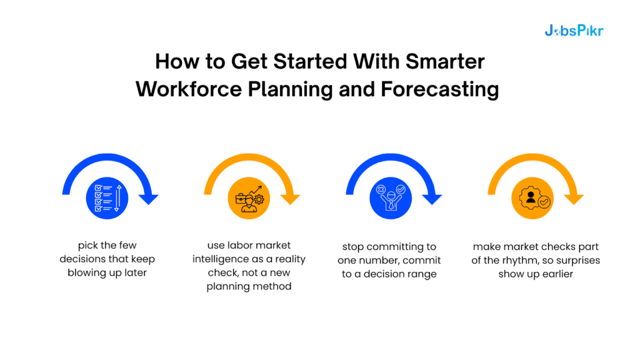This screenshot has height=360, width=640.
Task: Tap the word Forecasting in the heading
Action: coord(441,89)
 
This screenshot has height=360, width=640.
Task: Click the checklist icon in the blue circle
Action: coord(107,198)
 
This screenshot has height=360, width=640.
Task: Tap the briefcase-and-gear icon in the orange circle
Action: coord(249,198)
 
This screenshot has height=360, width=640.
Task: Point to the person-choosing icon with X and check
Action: coord(391,198)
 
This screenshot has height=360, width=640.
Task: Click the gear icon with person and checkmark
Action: coord(532,198)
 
